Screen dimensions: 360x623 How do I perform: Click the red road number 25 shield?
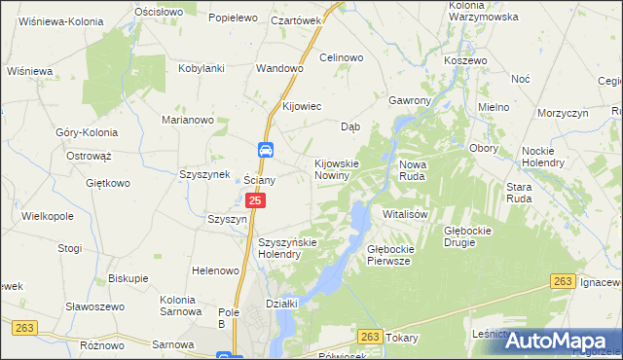point(255,200)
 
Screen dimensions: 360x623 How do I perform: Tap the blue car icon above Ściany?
point(266,150)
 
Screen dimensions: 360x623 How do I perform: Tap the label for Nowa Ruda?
point(421,170)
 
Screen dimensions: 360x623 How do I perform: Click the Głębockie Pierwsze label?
point(390,255)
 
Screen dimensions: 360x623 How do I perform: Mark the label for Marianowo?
point(187,120)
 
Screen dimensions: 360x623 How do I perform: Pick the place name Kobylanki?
point(202,69)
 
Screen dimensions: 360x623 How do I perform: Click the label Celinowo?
point(341,57)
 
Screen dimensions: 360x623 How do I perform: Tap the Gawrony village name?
point(409,100)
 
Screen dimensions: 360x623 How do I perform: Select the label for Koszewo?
point(464,60)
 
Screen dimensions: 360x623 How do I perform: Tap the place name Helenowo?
point(216,270)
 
